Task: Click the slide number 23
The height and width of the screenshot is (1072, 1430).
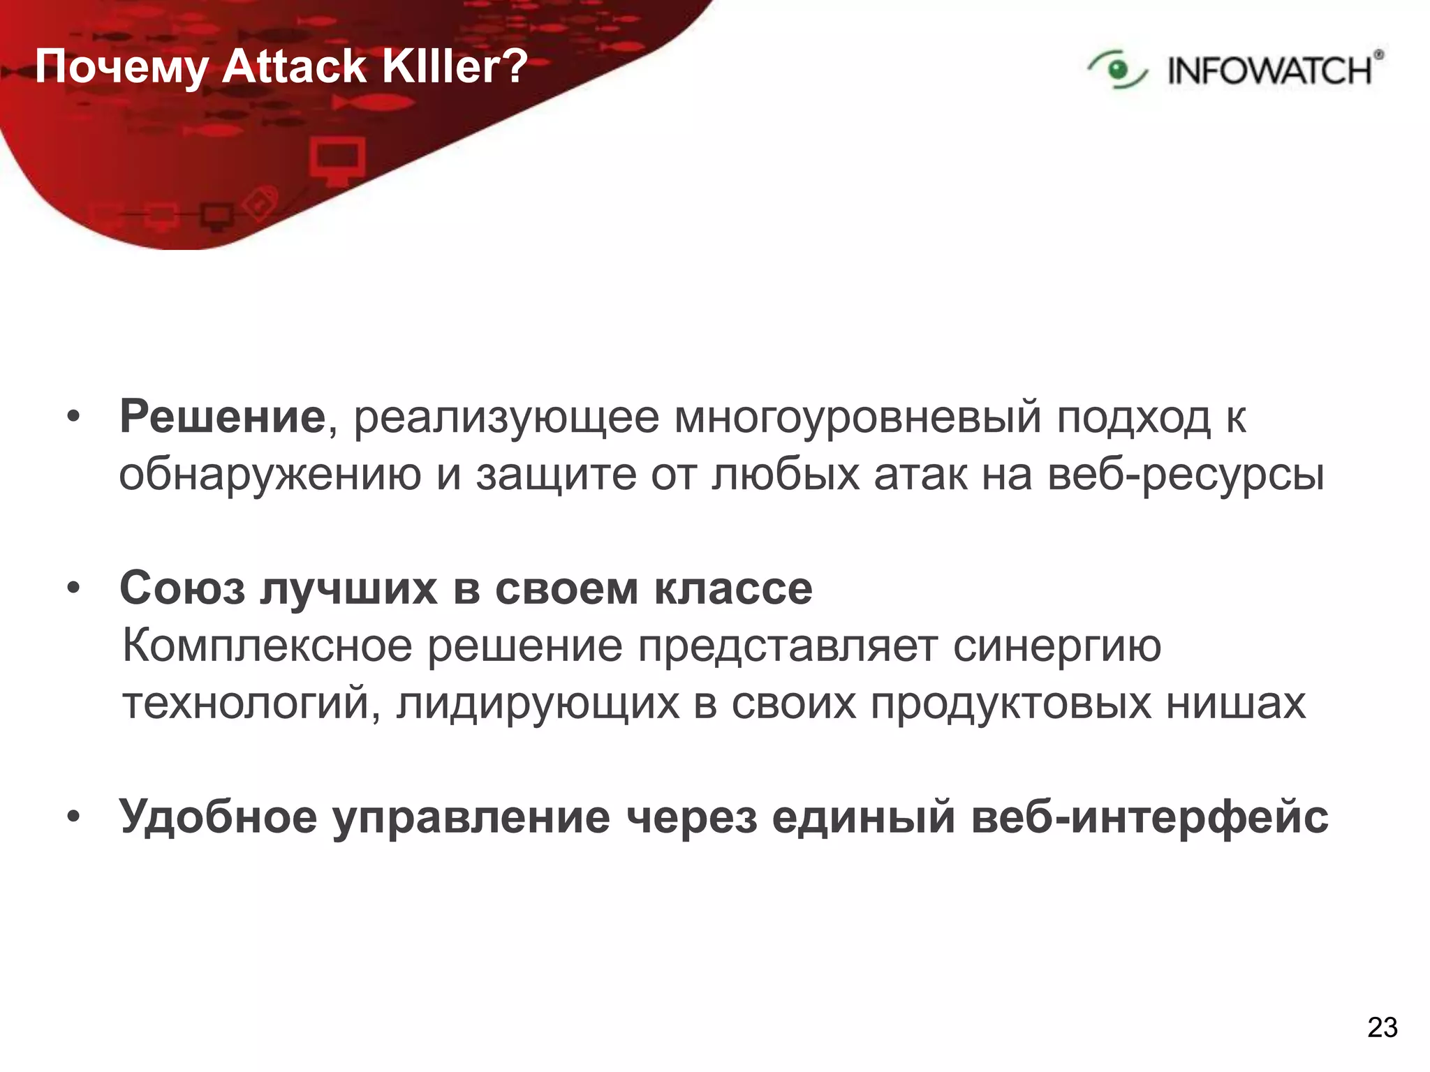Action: pos(1382,1027)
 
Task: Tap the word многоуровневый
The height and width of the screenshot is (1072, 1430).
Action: pos(857,418)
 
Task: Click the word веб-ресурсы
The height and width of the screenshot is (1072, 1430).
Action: pos(1186,475)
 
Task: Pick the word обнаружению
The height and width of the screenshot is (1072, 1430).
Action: pos(270,475)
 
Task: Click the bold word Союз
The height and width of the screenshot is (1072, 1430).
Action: pos(182,588)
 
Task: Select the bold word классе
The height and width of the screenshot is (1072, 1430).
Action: pos(733,589)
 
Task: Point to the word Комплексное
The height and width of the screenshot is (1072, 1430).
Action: pos(267,646)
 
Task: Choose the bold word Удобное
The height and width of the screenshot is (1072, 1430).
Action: pos(218,816)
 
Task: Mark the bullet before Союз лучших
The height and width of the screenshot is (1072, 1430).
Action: pos(73,589)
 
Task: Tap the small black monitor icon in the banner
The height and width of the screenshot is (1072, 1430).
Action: pos(216,216)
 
